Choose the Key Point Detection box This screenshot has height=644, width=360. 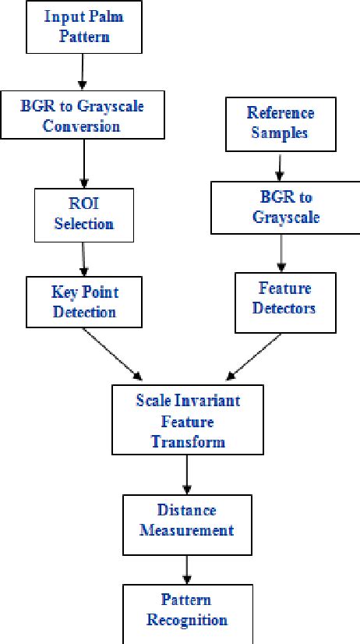pyautogui.click(x=84, y=303)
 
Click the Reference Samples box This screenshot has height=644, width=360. pyautogui.click(x=278, y=123)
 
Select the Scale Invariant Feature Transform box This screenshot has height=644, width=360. pyautogui.click(x=187, y=421)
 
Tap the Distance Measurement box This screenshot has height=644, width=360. pyautogui.click(x=186, y=521)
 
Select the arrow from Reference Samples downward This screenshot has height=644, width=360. pyautogui.click(x=278, y=166)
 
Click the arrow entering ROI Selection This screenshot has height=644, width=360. pyautogui.click(x=83, y=169)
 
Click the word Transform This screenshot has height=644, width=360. pyautogui.click(x=188, y=441)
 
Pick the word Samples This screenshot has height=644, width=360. pyautogui.click(x=278, y=133)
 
